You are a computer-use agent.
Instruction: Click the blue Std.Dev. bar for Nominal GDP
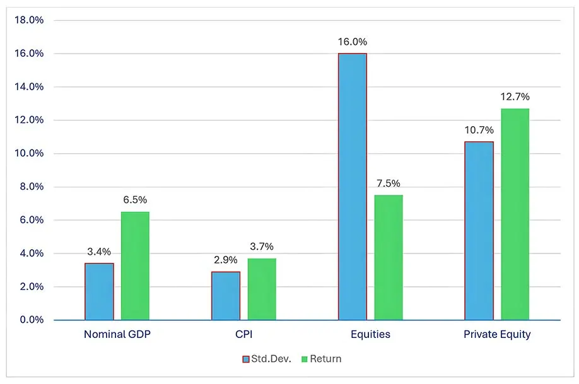(99, 291)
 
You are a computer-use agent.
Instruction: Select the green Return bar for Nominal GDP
(135, 265)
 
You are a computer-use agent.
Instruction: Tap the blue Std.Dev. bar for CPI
(226, 296)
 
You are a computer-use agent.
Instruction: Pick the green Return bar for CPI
(261, 289)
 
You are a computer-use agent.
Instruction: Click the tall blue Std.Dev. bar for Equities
(352, 187)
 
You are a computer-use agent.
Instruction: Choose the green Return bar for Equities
(388, 257)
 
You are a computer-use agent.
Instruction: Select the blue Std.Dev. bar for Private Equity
(479, 231)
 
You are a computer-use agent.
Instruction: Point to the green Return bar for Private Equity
(515, 214)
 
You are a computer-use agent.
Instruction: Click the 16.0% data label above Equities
(352, 42)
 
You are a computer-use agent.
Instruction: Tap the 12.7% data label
(515, 97)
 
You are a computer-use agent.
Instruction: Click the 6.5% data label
(135, 200)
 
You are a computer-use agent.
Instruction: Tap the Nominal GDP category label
(117, 335)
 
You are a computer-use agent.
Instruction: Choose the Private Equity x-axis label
(497, 335)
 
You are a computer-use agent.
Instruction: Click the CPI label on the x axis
(243, 335)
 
